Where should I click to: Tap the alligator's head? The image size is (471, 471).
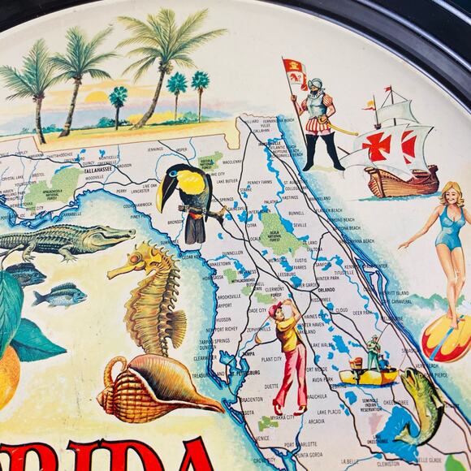click(x=114, y=235)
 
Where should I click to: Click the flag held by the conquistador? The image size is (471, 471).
click(x=294, y=71)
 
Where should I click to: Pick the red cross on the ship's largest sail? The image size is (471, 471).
click(x=377, y=145)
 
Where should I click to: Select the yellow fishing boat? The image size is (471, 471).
click(x=369, y=375)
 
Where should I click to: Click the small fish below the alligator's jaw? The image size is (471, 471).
click(x=61, y=295)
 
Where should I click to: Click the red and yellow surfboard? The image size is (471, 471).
click(x=444, y=339)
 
